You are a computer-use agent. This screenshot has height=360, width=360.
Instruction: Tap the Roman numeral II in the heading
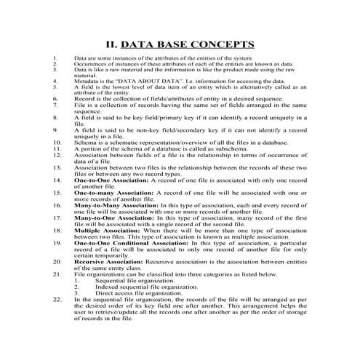pyautogui.click(x=111, y=44)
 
